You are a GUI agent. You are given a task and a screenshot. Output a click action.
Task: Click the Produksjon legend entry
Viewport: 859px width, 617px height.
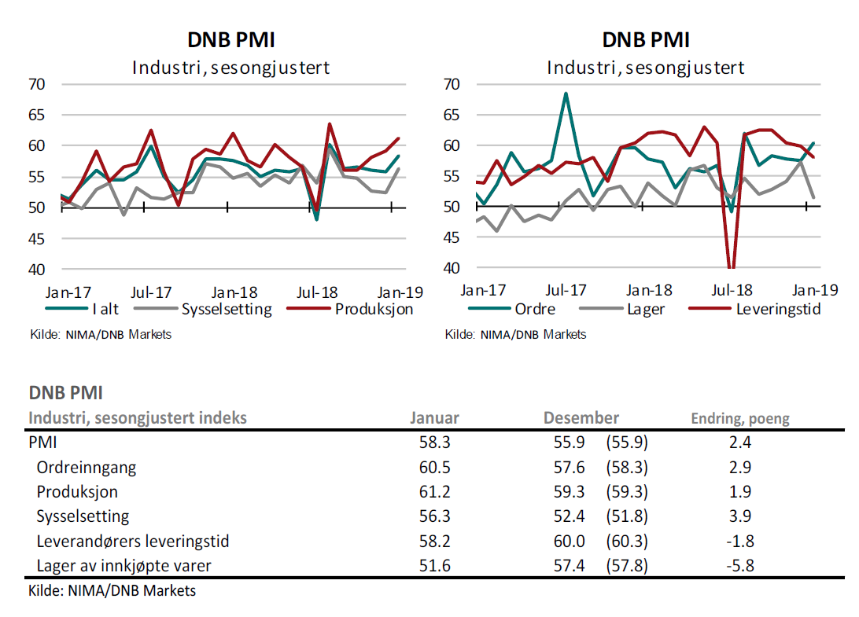(x=374, y=309)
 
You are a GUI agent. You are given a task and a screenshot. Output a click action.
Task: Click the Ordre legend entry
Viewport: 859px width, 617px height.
(x=535, y=309)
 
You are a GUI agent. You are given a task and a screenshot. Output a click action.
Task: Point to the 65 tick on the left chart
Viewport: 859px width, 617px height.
(x=37, y=115)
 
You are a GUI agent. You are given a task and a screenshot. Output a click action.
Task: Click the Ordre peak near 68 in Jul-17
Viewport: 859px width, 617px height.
(x=565, y=94)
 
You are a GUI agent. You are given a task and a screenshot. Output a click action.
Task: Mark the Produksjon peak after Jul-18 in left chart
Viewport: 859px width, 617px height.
(x=329, y=124)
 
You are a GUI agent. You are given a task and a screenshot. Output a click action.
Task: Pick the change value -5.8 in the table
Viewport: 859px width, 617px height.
(x=739, y=565)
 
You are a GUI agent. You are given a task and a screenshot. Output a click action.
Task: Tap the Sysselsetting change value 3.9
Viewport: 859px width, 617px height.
(x=739, y=516)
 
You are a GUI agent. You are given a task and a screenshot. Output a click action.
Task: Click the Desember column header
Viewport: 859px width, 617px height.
(x=581, y=418)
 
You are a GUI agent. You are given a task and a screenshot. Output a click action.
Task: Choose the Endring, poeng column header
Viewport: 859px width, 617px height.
(x=739, y=418)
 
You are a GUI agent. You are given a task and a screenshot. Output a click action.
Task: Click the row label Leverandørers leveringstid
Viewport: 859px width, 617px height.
(x=133, y=541)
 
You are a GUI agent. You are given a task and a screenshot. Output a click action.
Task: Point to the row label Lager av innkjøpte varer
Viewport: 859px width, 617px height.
(x=124, y=565)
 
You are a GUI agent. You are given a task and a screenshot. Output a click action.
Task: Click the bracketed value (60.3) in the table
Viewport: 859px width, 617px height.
(x=627, y=541)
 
